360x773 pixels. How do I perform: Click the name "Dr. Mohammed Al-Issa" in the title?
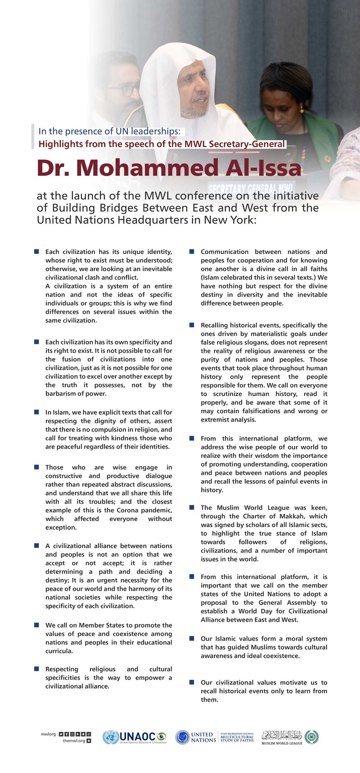click(169, 168)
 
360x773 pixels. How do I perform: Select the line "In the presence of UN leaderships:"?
click(109, 131)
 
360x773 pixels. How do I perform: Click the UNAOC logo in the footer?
click(135, 737)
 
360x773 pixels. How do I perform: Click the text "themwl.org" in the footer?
click(74, 741)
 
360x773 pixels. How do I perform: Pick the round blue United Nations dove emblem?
click(183, 737)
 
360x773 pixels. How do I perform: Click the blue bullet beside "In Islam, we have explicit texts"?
click(37, 412)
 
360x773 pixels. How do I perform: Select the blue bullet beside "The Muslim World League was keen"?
click(192, 507)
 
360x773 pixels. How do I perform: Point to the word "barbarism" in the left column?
click(60, 394)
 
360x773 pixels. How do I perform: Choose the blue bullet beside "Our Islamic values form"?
click(192, 638)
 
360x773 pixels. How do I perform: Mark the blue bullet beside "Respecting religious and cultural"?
click(37, 669)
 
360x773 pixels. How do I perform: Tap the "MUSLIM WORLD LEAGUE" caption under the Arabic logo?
click(282, 743)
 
